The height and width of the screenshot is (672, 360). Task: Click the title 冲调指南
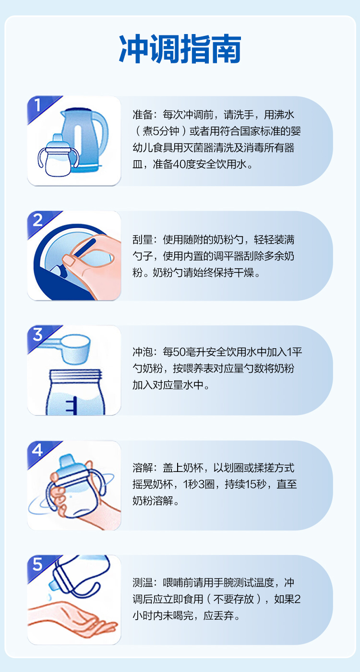pyautogui.click(x=180, y=48)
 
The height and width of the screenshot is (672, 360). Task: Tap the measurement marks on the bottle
pyautogui.click(x=72, y=405)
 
